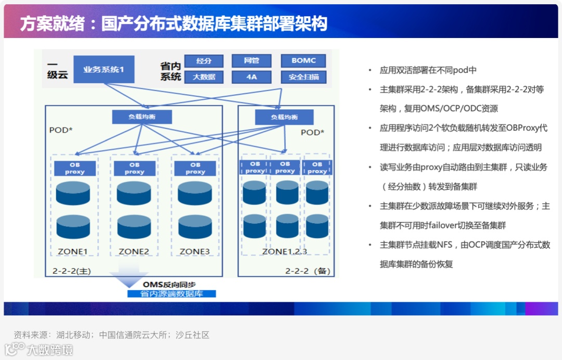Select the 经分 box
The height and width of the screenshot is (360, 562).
(204, 61)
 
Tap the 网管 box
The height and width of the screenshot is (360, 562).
(252, 61)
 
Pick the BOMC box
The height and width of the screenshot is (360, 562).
(303, 61)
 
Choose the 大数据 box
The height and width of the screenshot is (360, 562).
(204, 78)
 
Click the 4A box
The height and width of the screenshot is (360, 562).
(252, 78)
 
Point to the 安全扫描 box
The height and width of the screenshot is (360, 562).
(303, 78)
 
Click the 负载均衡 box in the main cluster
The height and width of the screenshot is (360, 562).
(142, 117)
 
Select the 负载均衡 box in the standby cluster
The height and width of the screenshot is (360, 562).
(284, 117)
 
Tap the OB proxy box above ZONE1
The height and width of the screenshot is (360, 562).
(74, 168)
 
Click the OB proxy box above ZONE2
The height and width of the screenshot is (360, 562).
(134, 168)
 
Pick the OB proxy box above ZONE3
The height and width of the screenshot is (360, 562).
(195, 168)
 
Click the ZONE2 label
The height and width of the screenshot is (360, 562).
(134, 252)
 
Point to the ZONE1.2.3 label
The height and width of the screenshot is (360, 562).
(284, 252)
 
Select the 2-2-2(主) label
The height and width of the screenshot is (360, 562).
(72, 271)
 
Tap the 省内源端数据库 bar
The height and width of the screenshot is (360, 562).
(172, 294)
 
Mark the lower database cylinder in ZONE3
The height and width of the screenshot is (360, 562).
(195, 227)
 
